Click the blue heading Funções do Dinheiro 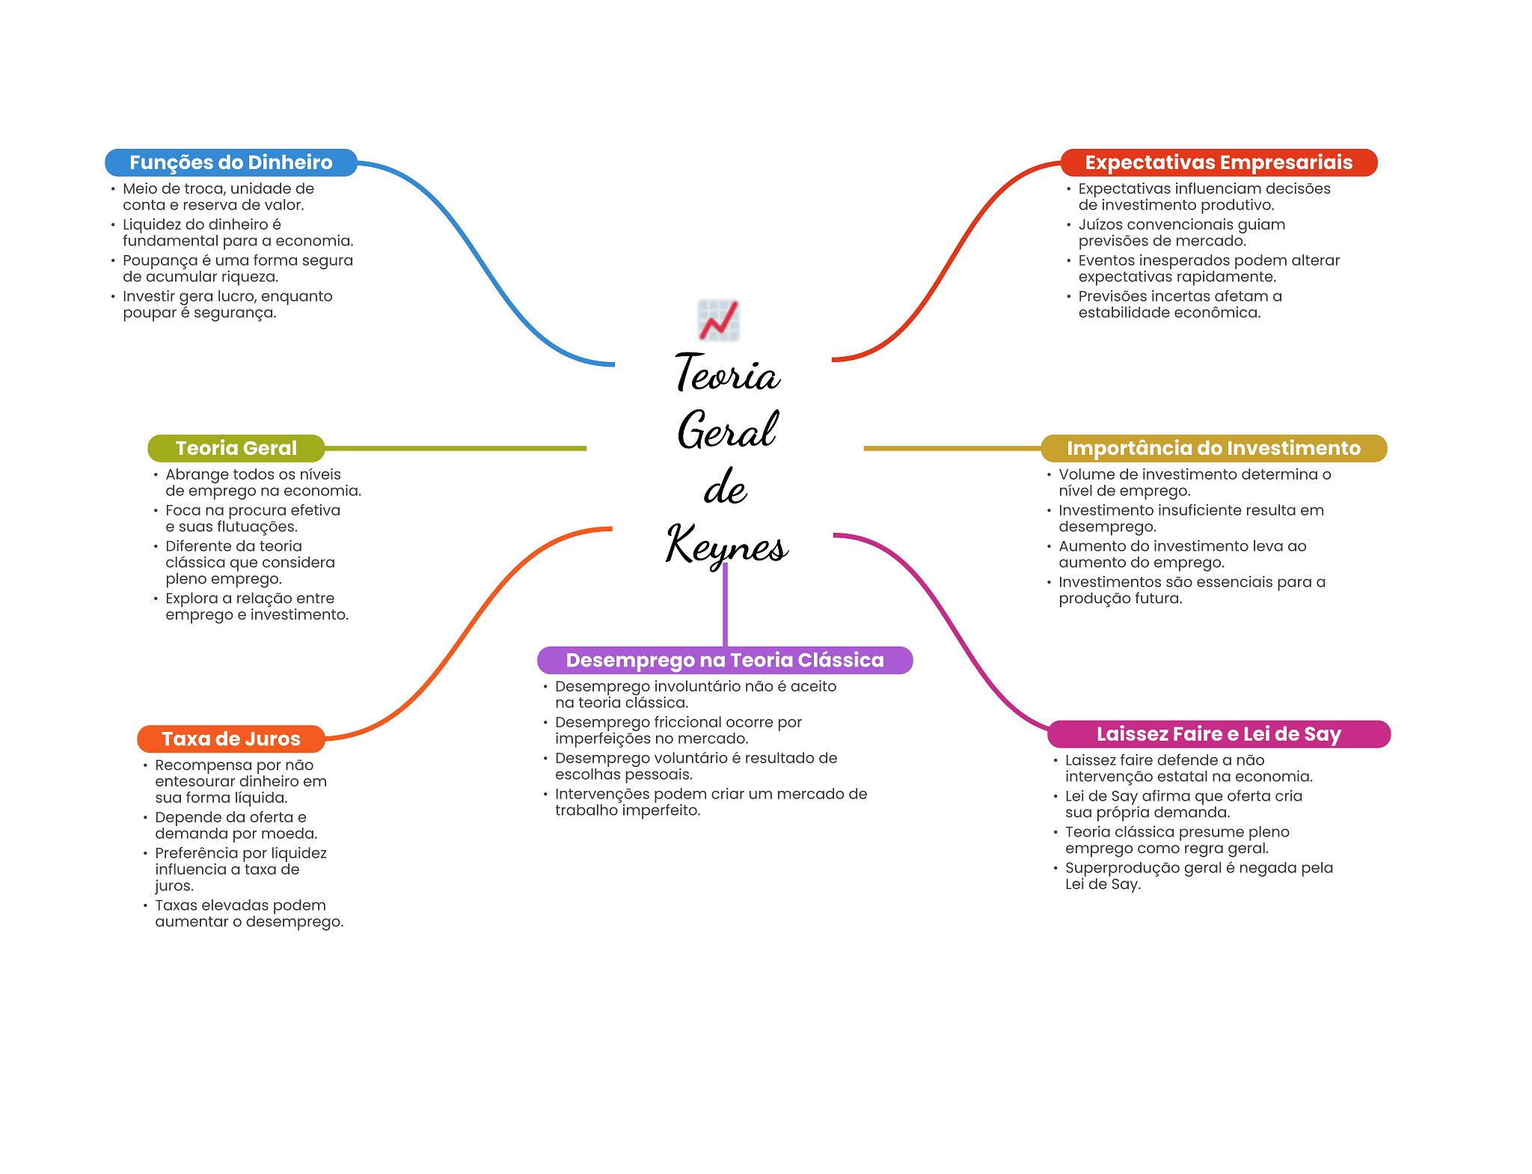(230, 162)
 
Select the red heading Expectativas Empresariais (1218, 162)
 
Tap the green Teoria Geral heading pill (236, 448)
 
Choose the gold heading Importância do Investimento (1213, 448)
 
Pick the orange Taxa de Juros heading (230, 739)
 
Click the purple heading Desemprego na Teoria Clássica (724, 660)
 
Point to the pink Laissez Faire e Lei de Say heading (1218, 734)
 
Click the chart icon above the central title (719, 320)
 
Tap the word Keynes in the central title (726, 545)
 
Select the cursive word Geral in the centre (727, 430)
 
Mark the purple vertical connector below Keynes (725, 606)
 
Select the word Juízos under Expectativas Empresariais (1100, 225)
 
